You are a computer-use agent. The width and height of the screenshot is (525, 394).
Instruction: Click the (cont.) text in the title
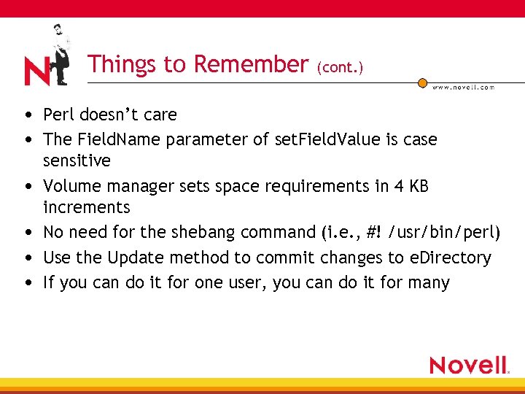tap(340, 67)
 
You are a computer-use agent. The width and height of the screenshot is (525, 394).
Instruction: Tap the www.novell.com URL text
tap(463, 87)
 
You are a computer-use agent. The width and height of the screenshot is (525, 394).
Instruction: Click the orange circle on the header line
tap(422, 83)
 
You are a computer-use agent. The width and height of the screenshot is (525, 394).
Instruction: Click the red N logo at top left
tap(36, 72)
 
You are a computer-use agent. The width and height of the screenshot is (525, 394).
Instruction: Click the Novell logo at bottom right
tap(469, 365)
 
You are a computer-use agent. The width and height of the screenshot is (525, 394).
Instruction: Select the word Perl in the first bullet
tap(59, 115)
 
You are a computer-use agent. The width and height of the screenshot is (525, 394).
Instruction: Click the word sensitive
tap(77, 160)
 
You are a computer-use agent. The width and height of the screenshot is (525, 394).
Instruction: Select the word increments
tap(86, 207)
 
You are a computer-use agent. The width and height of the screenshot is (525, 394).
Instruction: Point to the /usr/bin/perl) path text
tap(446, 233)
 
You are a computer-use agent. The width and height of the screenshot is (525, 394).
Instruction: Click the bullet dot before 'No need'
tap(26, 233)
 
